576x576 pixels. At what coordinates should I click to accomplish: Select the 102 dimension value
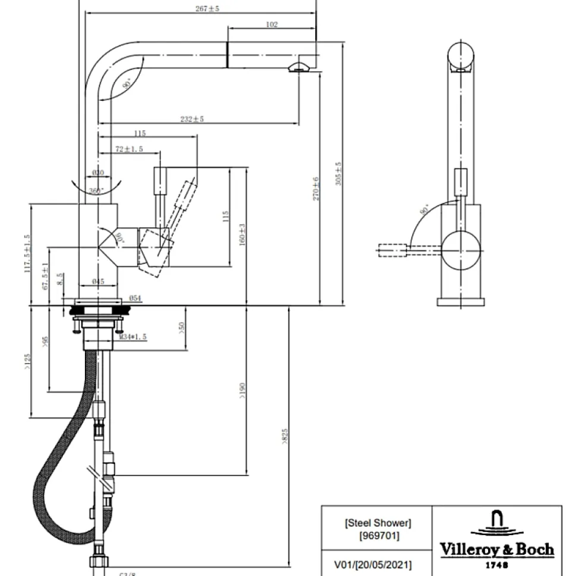(271, 24)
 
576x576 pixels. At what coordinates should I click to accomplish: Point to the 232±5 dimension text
(192, 119)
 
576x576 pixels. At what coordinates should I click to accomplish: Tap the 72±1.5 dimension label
(129, 149)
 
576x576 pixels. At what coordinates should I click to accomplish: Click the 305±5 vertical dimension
(338, 174)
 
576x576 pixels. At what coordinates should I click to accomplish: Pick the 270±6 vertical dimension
(317, 188)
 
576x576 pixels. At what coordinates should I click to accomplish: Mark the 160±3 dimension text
(242, 235)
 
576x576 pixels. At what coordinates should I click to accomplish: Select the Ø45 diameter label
(99, 281)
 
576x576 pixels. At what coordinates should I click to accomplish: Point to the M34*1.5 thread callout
(132, 337)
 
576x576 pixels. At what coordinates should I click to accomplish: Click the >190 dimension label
(242, 390)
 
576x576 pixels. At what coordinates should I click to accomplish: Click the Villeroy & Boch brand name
(496, 549)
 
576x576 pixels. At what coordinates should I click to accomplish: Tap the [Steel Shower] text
(378, 523)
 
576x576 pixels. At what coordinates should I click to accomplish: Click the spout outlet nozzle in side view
(298, 66)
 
